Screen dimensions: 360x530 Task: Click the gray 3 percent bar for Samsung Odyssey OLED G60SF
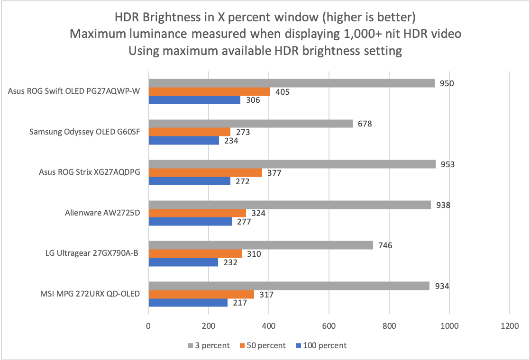point(251,124)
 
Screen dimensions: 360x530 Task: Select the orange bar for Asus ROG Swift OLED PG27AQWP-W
point(209,92)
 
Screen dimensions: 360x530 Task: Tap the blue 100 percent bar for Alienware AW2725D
point(190,222)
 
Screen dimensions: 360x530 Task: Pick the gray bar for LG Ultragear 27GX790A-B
point(261,245)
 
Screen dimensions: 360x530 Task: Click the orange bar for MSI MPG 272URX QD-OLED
point(201,295)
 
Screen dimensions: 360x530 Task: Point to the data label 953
point(448,164)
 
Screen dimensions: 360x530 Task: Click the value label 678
point(365,124)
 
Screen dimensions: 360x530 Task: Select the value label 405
point(283,92)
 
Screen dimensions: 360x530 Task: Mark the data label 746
point(385,245)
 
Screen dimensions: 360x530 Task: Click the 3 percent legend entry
point(209,345)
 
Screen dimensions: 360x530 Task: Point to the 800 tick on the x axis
point(389,326)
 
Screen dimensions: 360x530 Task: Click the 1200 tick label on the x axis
point(509,326)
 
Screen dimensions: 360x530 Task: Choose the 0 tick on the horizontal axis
point(148,326)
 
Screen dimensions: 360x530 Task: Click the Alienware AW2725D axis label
point(102,213)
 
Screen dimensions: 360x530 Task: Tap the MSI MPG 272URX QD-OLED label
point(90,294)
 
